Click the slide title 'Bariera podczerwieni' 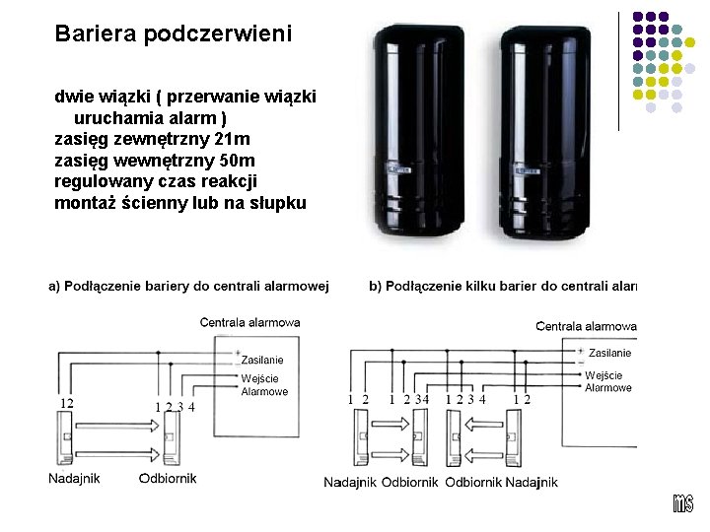coord(174,33)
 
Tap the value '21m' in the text coord(234,139)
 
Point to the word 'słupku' coord(280,203)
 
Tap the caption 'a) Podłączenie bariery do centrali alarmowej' coord(189,287)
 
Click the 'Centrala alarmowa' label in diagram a coord(249,322)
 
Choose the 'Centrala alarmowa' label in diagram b coord(586,326)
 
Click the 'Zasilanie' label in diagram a coord(262,361)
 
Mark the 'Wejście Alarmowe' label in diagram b coord(608,381)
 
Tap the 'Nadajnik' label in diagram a coord(74,479)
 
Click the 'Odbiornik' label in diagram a coord(168,479)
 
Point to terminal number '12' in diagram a coord(66,403)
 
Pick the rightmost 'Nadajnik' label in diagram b coord(531,482)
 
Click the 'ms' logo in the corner coord(683,502)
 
